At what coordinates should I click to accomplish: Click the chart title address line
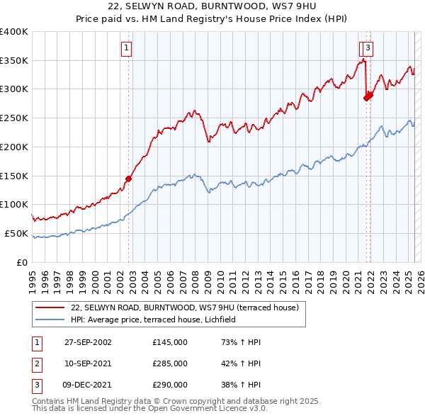(212, 7)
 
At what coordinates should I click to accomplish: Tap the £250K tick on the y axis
(14, 118)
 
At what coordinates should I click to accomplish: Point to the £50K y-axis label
(16, 233)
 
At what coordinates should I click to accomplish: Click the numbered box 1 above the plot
(126, 48)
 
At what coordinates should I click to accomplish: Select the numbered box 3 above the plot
(370, 48)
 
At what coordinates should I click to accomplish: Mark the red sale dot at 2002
(129, 179)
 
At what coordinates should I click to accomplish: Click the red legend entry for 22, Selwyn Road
(186, 307)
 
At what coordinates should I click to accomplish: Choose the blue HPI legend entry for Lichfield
(157, 320)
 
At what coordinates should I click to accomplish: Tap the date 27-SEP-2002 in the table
(88, 342)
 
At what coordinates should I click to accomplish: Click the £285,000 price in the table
(170, 363)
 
